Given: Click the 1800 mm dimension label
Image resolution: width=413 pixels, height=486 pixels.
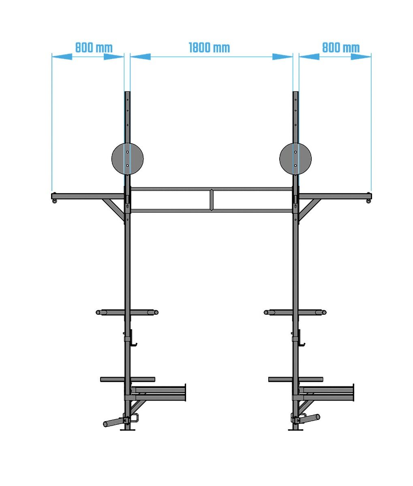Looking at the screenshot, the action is (209, 48).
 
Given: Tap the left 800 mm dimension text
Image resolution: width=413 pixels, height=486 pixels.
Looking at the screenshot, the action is (94, 48).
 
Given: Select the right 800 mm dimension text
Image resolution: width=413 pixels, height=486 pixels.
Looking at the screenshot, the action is (341, 48).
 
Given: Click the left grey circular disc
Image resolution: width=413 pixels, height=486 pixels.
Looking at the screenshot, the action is (127, 159).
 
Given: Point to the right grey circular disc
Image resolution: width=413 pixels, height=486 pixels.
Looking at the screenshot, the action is (295, 159).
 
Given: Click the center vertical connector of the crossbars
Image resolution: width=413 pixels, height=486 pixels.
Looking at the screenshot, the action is (212, 200).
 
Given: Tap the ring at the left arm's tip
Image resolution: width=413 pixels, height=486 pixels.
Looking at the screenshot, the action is (55, 201).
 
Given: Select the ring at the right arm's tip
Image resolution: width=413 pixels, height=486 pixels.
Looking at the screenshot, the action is (368, 201).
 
